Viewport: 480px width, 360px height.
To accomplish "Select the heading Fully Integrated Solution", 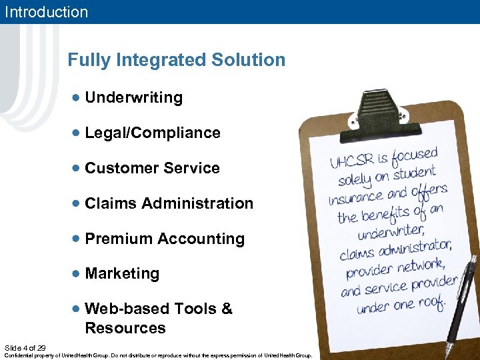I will click(176, 60).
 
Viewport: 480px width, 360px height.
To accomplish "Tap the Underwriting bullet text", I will click(133, 98).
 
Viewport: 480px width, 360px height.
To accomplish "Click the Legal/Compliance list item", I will click(152, 133).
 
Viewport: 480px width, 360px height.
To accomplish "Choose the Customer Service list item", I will click(152, 168).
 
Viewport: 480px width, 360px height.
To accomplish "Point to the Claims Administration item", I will click(169, 203).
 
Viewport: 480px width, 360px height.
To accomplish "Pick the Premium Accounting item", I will click(165, 239).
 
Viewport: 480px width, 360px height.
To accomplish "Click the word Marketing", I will click(122, 274).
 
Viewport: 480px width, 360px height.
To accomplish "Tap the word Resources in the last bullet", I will click(125, 328).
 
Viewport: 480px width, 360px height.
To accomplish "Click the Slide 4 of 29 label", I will click(25, 347).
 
